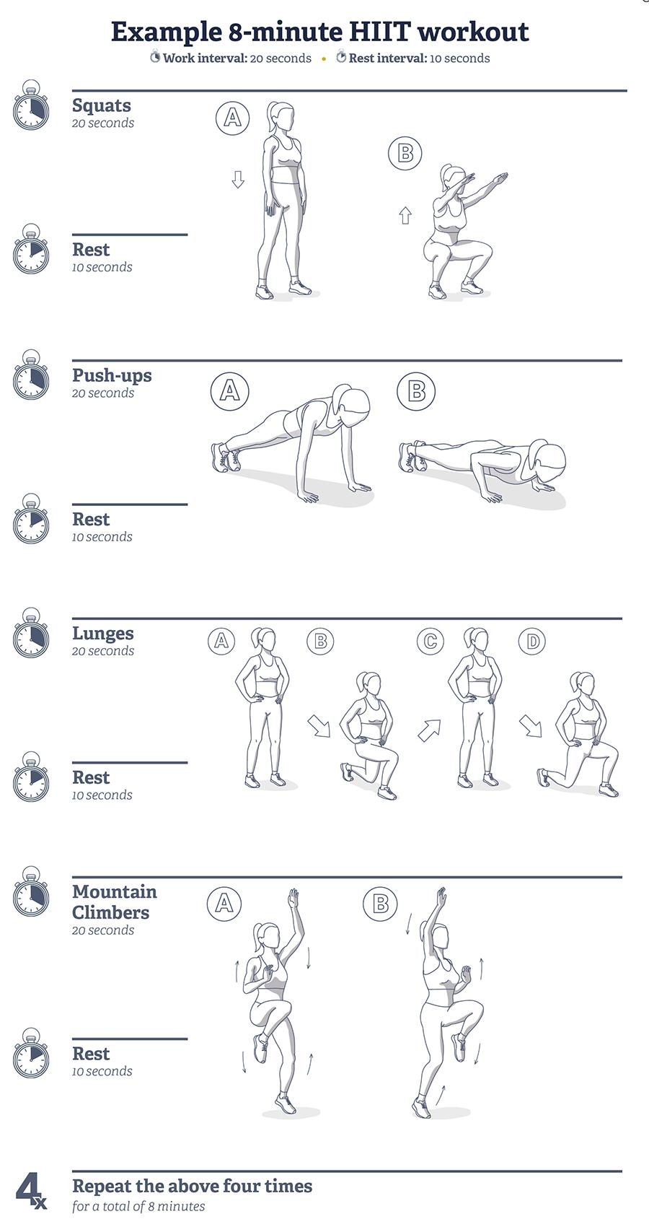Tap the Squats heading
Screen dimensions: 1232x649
point(102,105)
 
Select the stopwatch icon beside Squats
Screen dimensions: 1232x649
point(31,108)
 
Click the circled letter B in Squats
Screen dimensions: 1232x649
point(405,153)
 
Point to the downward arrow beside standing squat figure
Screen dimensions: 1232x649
point(238,179)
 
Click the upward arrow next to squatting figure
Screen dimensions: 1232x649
point(405,215)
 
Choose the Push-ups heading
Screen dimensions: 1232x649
point(112,375)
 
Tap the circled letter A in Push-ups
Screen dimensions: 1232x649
point(229,391)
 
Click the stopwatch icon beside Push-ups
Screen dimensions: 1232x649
point(31,377)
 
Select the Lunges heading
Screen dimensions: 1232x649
point(103,634)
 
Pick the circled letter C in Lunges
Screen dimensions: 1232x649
point(431,641)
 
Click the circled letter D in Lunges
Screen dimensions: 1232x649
point(532,641)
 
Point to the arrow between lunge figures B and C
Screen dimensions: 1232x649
point(429,730)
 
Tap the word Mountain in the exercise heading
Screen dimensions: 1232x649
point(115,892)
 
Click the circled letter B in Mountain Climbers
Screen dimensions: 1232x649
point(380,904)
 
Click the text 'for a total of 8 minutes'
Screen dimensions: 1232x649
point(138,1206)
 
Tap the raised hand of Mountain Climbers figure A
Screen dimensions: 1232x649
point(293,899)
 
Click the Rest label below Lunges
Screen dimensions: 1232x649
point(91,778)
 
